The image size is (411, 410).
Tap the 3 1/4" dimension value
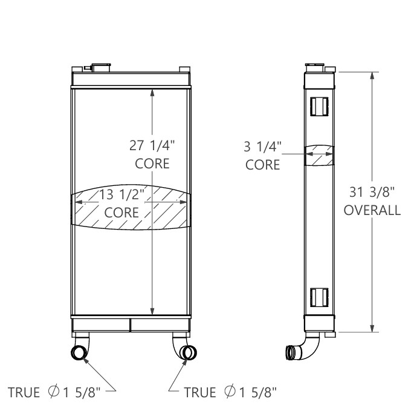(262, 147)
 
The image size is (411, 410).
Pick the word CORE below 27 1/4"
(152, 164)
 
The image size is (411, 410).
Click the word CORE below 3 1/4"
(262, 164)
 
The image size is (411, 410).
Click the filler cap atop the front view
(101, 66)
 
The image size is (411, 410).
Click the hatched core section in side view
(318, 155)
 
